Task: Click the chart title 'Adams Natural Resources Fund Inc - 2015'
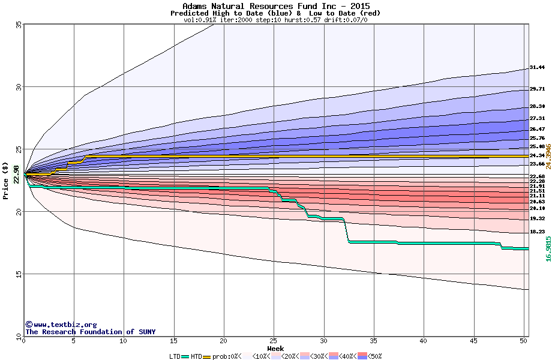point(275,6)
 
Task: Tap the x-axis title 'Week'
point(275,348)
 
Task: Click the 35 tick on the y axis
point(18,25)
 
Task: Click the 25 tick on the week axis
point(274,341)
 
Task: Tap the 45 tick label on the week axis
point(473,341)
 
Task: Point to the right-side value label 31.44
point(537,68)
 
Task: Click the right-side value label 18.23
point(537,232)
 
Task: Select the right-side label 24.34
point(537,155)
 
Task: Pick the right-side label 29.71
point(537,89)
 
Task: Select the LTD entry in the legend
point(175,356)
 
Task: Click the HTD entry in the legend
point(196,356)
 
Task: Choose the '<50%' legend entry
point(373,356)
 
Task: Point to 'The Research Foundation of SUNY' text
point(90,332)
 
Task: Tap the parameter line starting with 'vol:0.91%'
point(275,20)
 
